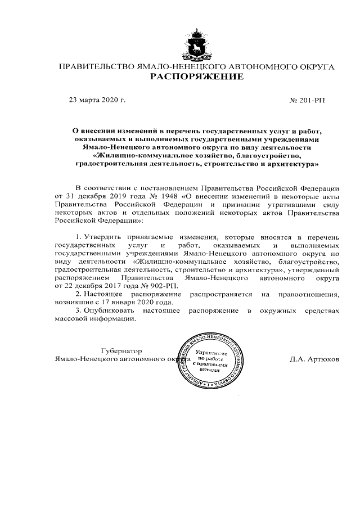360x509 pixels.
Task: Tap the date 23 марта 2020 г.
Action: [x=96, y=100]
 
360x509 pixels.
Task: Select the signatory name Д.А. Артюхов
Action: [x=314, y=358]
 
